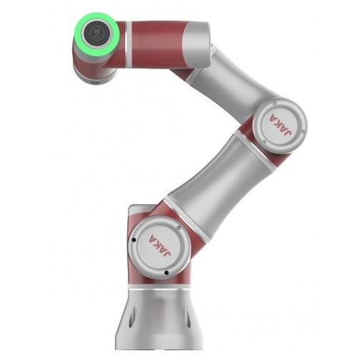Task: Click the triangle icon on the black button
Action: pyautogui.click(x=96, y=36)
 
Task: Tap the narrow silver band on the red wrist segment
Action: pyautogui.click(x=129, y=44)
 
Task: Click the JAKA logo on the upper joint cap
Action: pyautogui.click(x=281, y=125)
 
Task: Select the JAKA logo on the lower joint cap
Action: pyautogui.click(x=160, y=246)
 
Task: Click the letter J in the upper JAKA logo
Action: pyautogui.click(x=287, y=133)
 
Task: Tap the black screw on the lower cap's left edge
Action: pyautogui.click(x=134, y=240)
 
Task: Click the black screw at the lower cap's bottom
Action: pyautogui.click(x=166, y=272)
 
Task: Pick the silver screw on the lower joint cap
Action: pyautogui.click(x=179, y=228)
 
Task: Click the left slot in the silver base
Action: pyautogui.click(x=132, y=317)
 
